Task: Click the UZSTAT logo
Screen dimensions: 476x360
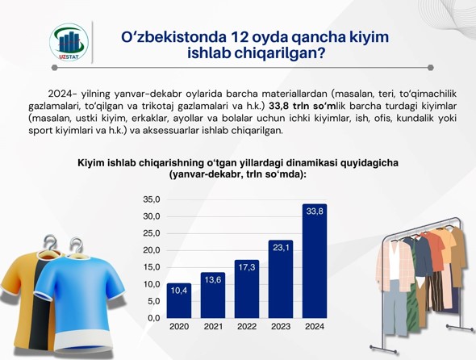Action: point(69,42)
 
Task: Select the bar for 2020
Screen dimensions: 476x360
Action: point(179,301)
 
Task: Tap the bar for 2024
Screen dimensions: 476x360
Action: point(315,262)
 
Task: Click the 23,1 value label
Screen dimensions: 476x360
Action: point(281,248)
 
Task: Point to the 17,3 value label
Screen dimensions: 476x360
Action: point(247,267)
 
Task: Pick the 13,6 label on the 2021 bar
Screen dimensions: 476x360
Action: point(213,280)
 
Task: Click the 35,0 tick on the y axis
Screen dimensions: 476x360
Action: point(152,199)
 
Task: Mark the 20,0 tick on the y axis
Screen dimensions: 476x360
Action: point(152,250)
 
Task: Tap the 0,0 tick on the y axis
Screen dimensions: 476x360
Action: point(153,318)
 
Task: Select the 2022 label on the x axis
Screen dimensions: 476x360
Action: point(247,327)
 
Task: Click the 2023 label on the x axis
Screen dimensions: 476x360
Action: point(281,327)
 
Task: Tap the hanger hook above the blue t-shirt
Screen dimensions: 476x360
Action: point(76,245)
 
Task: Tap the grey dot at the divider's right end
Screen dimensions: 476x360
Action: point(430,68)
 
